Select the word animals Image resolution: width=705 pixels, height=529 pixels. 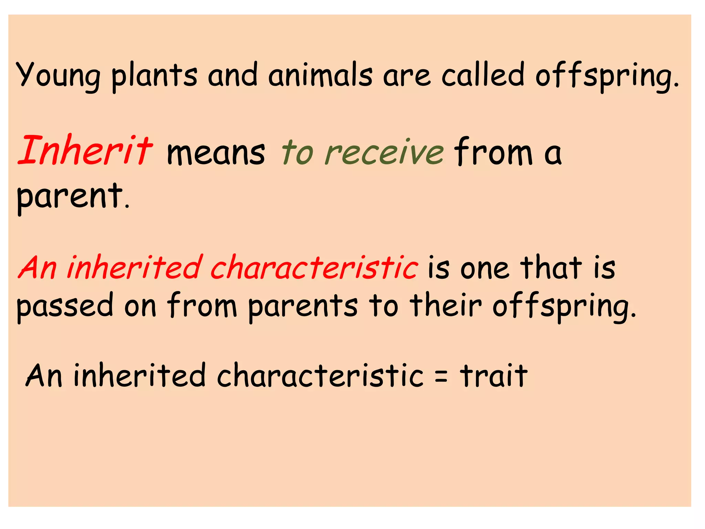point(320,75)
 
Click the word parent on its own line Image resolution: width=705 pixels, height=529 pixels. point(70,197)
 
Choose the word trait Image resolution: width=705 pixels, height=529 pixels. point(494,375)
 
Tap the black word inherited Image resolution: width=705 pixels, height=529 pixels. point(139,375)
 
